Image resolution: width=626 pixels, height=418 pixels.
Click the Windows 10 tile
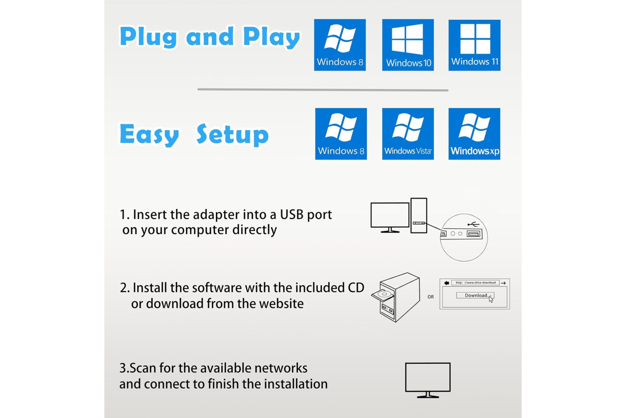tap(408, 45)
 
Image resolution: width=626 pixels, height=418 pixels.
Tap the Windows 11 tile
tap(474, 45)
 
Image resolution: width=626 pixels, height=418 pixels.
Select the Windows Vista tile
tap(408, 134)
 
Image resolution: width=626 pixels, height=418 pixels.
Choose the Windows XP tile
tap(474, 134)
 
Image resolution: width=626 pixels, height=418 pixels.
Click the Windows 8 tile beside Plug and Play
tap(340, 45)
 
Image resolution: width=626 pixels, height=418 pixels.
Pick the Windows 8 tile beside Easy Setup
tap(341, 134)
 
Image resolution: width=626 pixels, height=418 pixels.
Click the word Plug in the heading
tap(149, 37)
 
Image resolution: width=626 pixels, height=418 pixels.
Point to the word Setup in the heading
tap(233, 135)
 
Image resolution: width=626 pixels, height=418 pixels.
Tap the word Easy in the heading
tap(149, 135)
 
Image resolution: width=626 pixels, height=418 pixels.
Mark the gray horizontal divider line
tap(323, 90)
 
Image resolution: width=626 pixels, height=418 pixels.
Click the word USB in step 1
tap(292, 215)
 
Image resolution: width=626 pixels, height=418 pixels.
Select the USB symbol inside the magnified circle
tap(473, 224)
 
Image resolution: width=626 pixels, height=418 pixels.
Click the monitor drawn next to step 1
tap(390, 217)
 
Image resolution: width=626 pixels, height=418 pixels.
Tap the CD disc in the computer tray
tap(383, 294)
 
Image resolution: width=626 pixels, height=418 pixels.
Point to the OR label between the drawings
tap(431, 297)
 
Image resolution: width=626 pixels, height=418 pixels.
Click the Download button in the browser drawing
tap(475, 295)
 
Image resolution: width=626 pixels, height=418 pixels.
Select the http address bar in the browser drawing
tap(475, 283)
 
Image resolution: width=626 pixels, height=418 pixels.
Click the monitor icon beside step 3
tap(428, 380)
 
